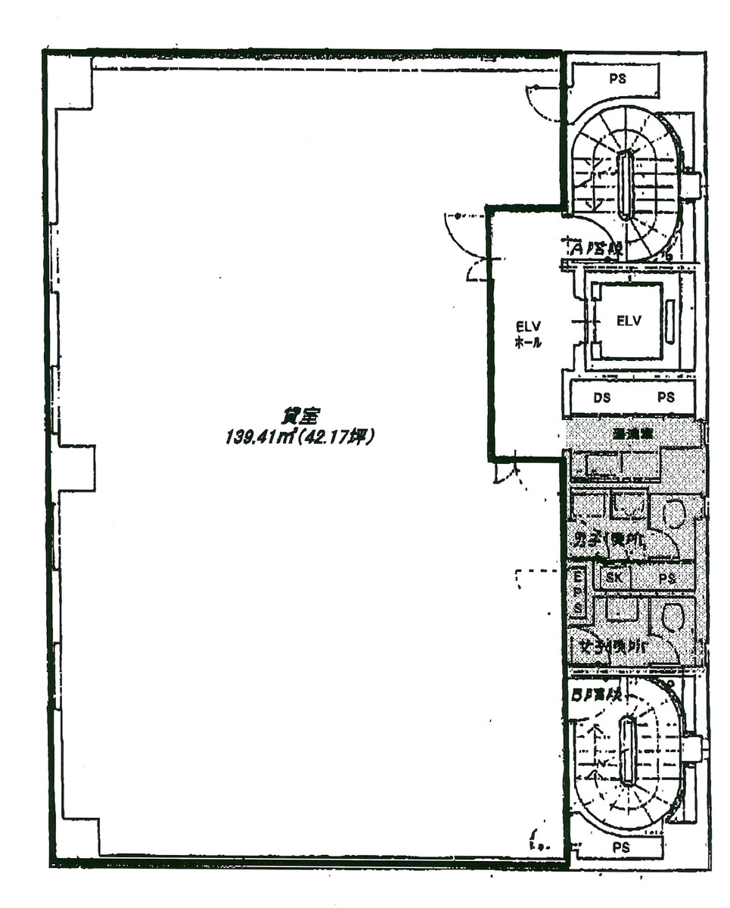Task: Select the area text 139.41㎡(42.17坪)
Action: [300, 437]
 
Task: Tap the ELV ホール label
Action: [527, 334]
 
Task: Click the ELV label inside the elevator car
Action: [628, 320]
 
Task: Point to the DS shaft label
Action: [601, 396]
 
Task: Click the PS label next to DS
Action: [666, 396]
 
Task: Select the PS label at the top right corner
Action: [617, 78]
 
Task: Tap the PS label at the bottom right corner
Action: [621, 847]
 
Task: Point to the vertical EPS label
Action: [577, 592]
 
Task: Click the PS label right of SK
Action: [666, 579]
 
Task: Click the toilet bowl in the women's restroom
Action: [672, 617]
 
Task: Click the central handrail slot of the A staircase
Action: [625, 185]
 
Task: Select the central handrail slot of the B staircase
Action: [626, 751]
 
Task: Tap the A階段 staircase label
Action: [592, 247]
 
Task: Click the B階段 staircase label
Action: [595, 693]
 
